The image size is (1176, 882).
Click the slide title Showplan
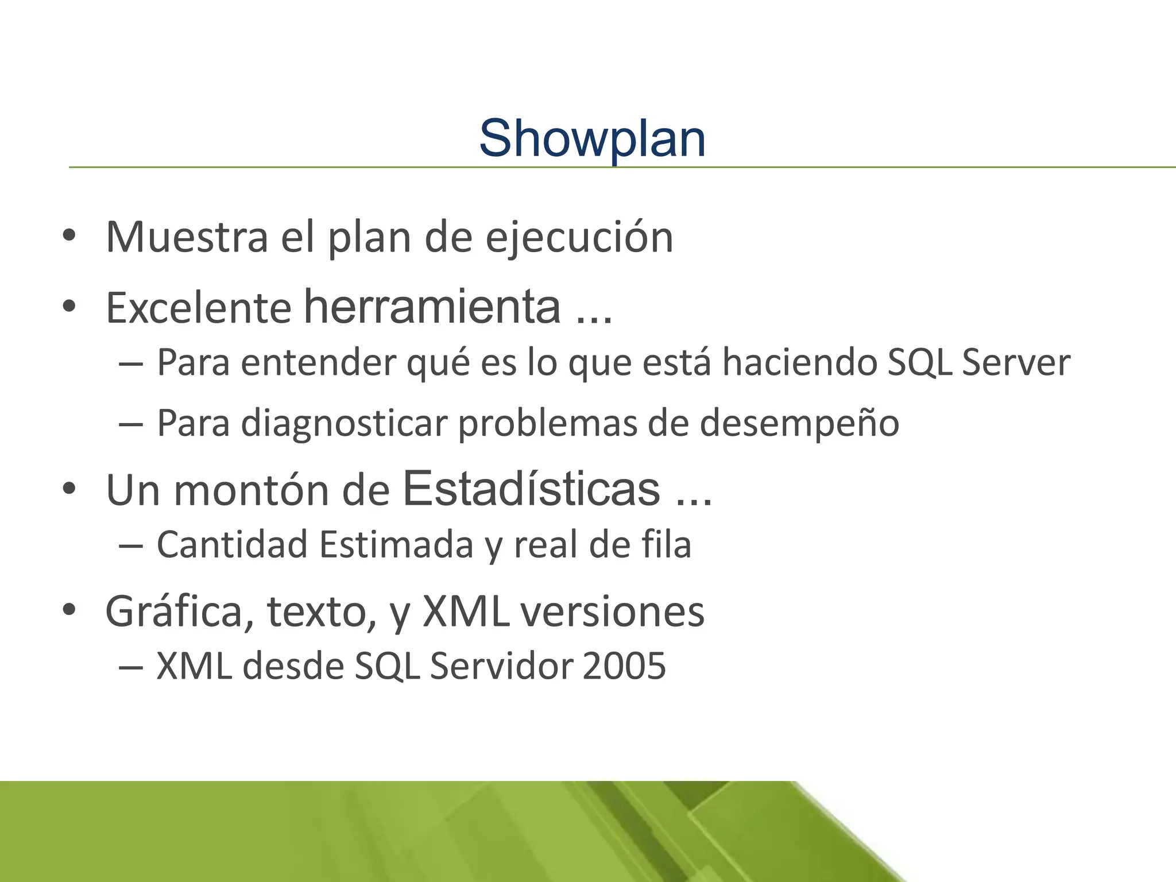(x=592, y=138)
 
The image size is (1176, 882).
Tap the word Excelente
(x=198, y=308)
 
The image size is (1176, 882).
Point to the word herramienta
(x=432, y=307)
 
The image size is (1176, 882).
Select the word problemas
(x=547, y=424)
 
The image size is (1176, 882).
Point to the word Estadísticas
(x=531, y=489)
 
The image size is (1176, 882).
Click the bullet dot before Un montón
(x=69, y=489)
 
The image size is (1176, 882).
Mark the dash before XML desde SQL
(x=130, y=667)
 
